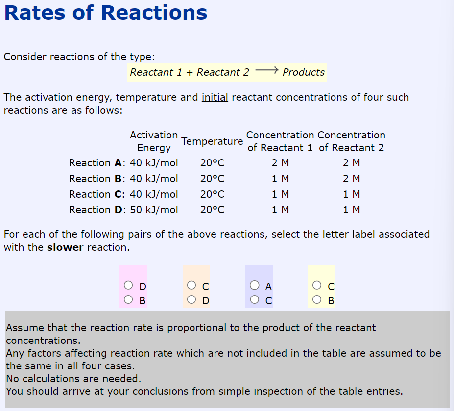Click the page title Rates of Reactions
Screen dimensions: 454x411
click(x=106, y=13)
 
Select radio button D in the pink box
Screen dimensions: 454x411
click(x=128, y=285)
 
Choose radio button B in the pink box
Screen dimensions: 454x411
click(x=128, y=299)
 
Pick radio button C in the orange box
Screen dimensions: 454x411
click(x=191, y=285)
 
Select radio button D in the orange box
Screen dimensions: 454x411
click(x=191, y=299)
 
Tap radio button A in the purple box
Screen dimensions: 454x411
click(x=255, y=285)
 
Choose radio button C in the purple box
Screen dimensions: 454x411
click(x=255, y=299)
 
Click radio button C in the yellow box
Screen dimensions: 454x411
click(x=317, y=285)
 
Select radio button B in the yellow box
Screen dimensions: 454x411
click(x=317, y=299)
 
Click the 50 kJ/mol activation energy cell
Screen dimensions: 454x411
click(x=154, y=210)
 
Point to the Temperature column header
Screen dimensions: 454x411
click(x=212, y=141)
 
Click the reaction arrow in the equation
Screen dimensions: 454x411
click(x=266, y=70)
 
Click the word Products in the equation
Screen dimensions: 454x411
click(x=304, y=72)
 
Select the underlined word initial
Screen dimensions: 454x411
click(x=215, y=97)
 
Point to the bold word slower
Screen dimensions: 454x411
click(x=65, y=247)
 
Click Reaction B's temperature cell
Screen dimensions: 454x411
click(x=212, y=179)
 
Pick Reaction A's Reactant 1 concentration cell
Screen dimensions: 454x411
click(x=280, y=163)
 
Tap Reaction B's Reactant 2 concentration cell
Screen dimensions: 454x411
click(x=352, y=179)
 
